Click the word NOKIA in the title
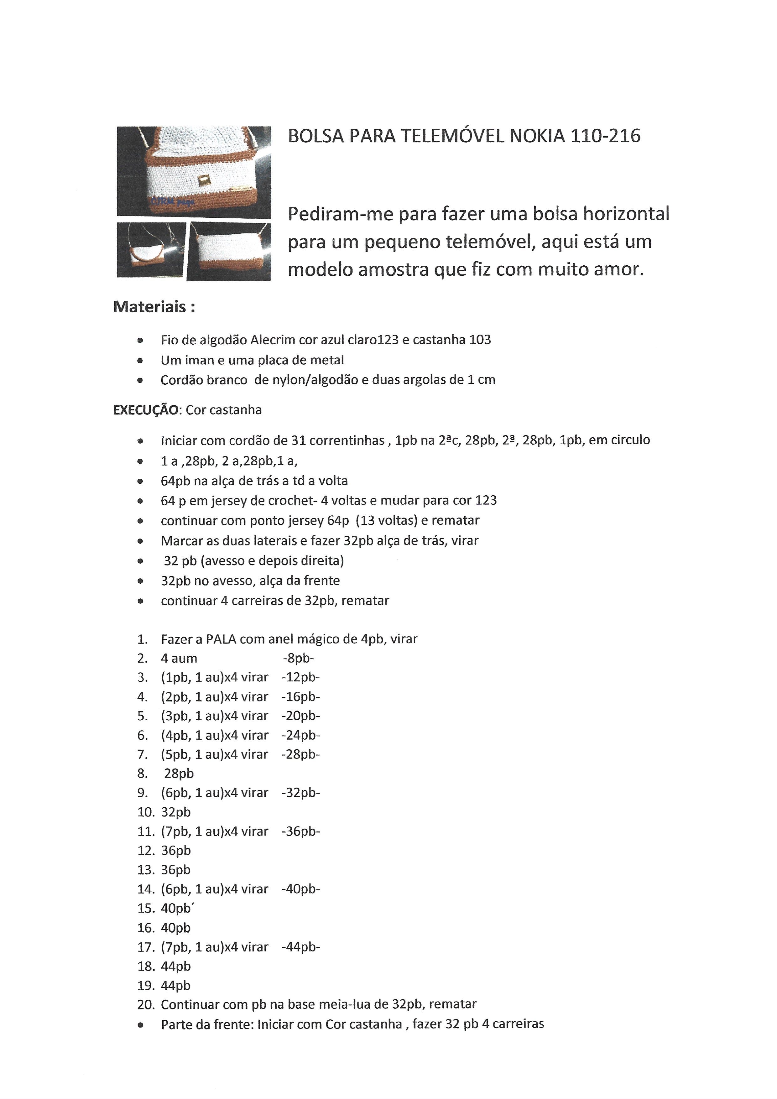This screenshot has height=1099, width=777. tap(537, 136)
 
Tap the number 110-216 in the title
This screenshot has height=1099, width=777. tap(605, 136)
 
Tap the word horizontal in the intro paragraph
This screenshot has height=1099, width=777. tap(625, 214)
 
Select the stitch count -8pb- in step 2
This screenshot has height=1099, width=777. tap(298, 658)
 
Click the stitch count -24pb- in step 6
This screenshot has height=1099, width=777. tap(301, 735)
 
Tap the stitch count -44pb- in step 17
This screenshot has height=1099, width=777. tap(301, 947)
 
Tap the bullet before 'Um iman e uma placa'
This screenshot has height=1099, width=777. tap(140, 360)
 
